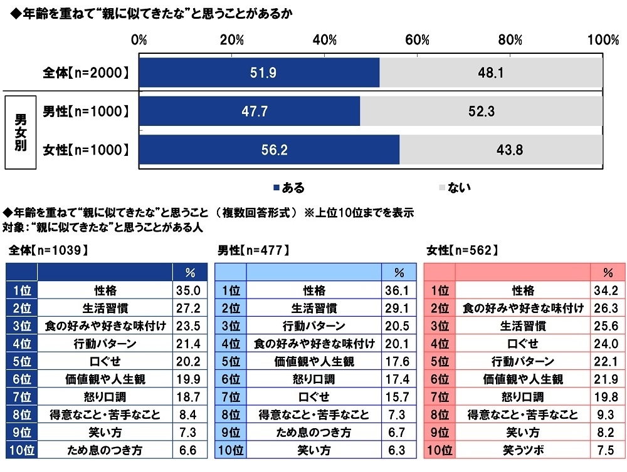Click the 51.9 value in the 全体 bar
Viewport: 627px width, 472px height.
tap(258, 73)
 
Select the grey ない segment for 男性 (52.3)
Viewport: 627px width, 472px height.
tap(482, 111)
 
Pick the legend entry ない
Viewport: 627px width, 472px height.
tap(455, 187)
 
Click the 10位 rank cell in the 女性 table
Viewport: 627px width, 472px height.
tap(439, 449)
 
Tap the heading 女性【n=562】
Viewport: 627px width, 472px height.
tap(461, 250)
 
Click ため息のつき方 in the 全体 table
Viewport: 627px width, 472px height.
tap(105, 449)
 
